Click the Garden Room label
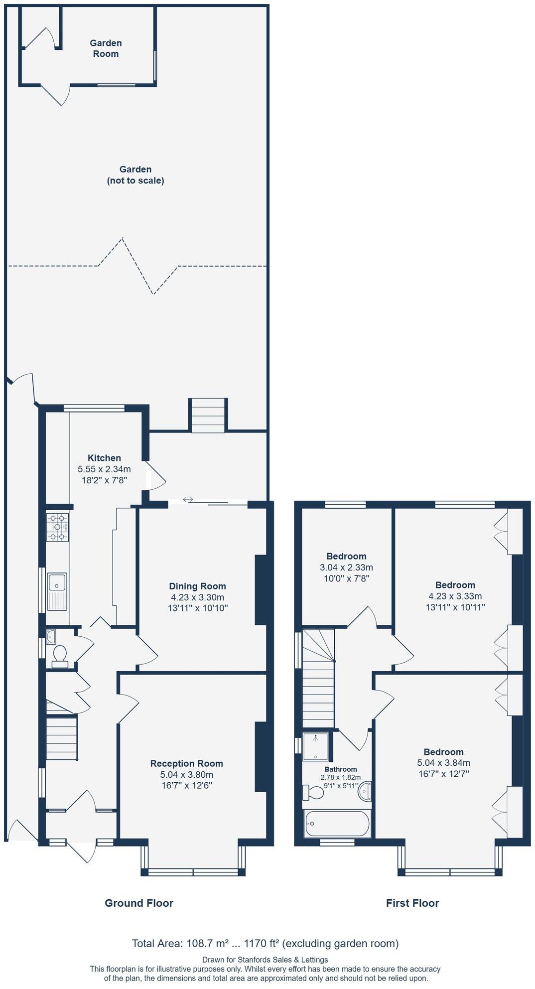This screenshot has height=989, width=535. click(x=106, y=48)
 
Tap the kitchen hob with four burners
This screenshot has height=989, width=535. click(x=57, y=527)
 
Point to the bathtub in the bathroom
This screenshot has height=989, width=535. click(x=337, y=824)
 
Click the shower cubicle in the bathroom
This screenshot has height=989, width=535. click(x=316, y=746)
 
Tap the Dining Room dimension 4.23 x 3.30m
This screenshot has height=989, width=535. click(x=197, y=597)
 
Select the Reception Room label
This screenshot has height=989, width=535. click(x=186, y=763)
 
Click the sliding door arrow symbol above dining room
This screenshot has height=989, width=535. click(x=188, y=499)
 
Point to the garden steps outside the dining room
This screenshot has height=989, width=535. click(x=208, y=415)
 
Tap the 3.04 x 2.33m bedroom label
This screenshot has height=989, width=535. click(x=346, y=567)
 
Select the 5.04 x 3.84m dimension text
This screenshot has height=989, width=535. click(x=443, y=763)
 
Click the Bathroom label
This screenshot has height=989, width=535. click(x=340, y=769)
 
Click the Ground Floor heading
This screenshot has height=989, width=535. click(x=138, y=903)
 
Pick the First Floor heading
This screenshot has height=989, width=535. click(x=412, y=903)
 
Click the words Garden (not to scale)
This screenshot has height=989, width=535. click(x=135, y=175)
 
